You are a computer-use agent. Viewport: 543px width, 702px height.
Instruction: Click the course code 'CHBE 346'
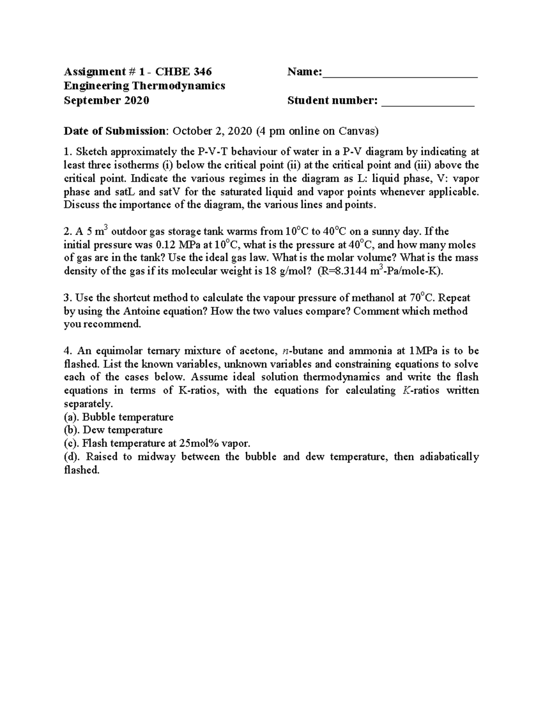(x=184, y=72)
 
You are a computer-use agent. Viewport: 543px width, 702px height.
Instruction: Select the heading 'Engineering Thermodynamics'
(x=144, y=86)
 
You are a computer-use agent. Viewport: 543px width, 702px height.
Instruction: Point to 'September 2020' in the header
(x=106, y=100)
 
